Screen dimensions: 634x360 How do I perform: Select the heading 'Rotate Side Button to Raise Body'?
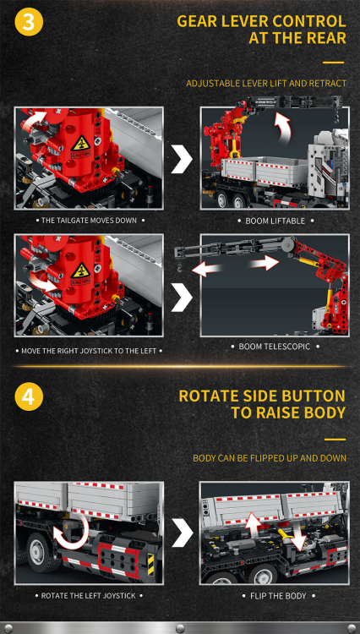(x=262, y=404)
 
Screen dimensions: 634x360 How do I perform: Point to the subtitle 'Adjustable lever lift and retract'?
(x=265, y=83)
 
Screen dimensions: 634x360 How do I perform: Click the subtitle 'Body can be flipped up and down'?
(x=269, y=458)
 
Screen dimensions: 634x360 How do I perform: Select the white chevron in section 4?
(x=181, y=533)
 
